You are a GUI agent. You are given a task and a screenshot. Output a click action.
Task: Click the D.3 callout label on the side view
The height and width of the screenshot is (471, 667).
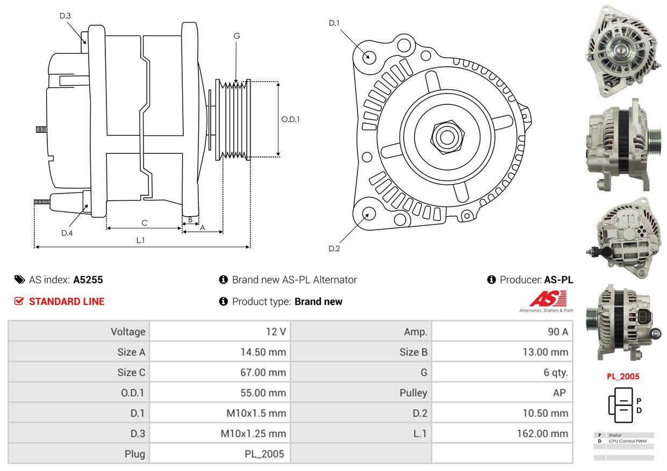65,16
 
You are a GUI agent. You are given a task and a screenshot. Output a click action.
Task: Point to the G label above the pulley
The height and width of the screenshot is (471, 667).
236,36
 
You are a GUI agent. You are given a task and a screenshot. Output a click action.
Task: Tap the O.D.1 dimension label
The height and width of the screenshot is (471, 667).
290,119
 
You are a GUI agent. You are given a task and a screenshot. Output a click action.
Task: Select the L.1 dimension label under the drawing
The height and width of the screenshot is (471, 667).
140,240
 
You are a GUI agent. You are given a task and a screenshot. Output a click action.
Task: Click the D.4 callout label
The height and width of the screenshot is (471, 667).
67,233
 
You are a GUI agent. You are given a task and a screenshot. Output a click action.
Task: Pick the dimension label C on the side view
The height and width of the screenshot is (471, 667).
144,223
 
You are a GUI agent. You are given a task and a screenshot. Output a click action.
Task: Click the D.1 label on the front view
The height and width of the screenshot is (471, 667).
334,23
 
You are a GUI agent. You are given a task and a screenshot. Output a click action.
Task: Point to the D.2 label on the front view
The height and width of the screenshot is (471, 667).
334,248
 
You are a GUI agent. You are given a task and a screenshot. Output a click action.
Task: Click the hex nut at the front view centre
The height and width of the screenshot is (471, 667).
445,136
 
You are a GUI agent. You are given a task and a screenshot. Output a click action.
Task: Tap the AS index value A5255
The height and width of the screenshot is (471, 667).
88,280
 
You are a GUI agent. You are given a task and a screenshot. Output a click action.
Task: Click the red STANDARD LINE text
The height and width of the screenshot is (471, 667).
67,302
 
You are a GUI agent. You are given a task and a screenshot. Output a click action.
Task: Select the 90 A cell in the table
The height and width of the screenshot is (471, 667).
557,332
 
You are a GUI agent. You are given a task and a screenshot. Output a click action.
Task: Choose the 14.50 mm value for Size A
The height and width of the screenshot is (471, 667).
263,352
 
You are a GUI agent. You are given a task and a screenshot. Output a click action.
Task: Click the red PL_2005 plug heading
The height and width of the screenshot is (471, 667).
623,376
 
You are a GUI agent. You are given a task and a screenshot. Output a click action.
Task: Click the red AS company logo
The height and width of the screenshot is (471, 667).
548,299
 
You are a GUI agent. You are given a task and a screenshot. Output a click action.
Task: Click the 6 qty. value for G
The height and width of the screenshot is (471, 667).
556,372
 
